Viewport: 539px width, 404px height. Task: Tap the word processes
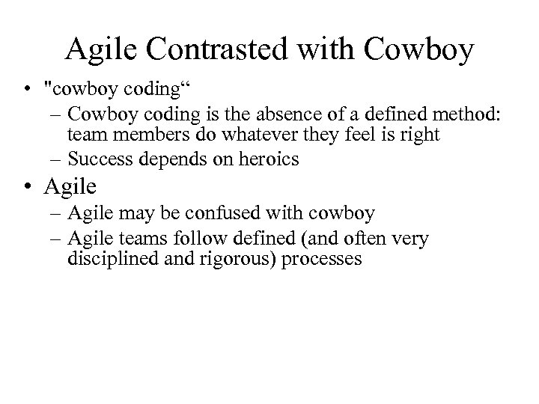tap(326, 259)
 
